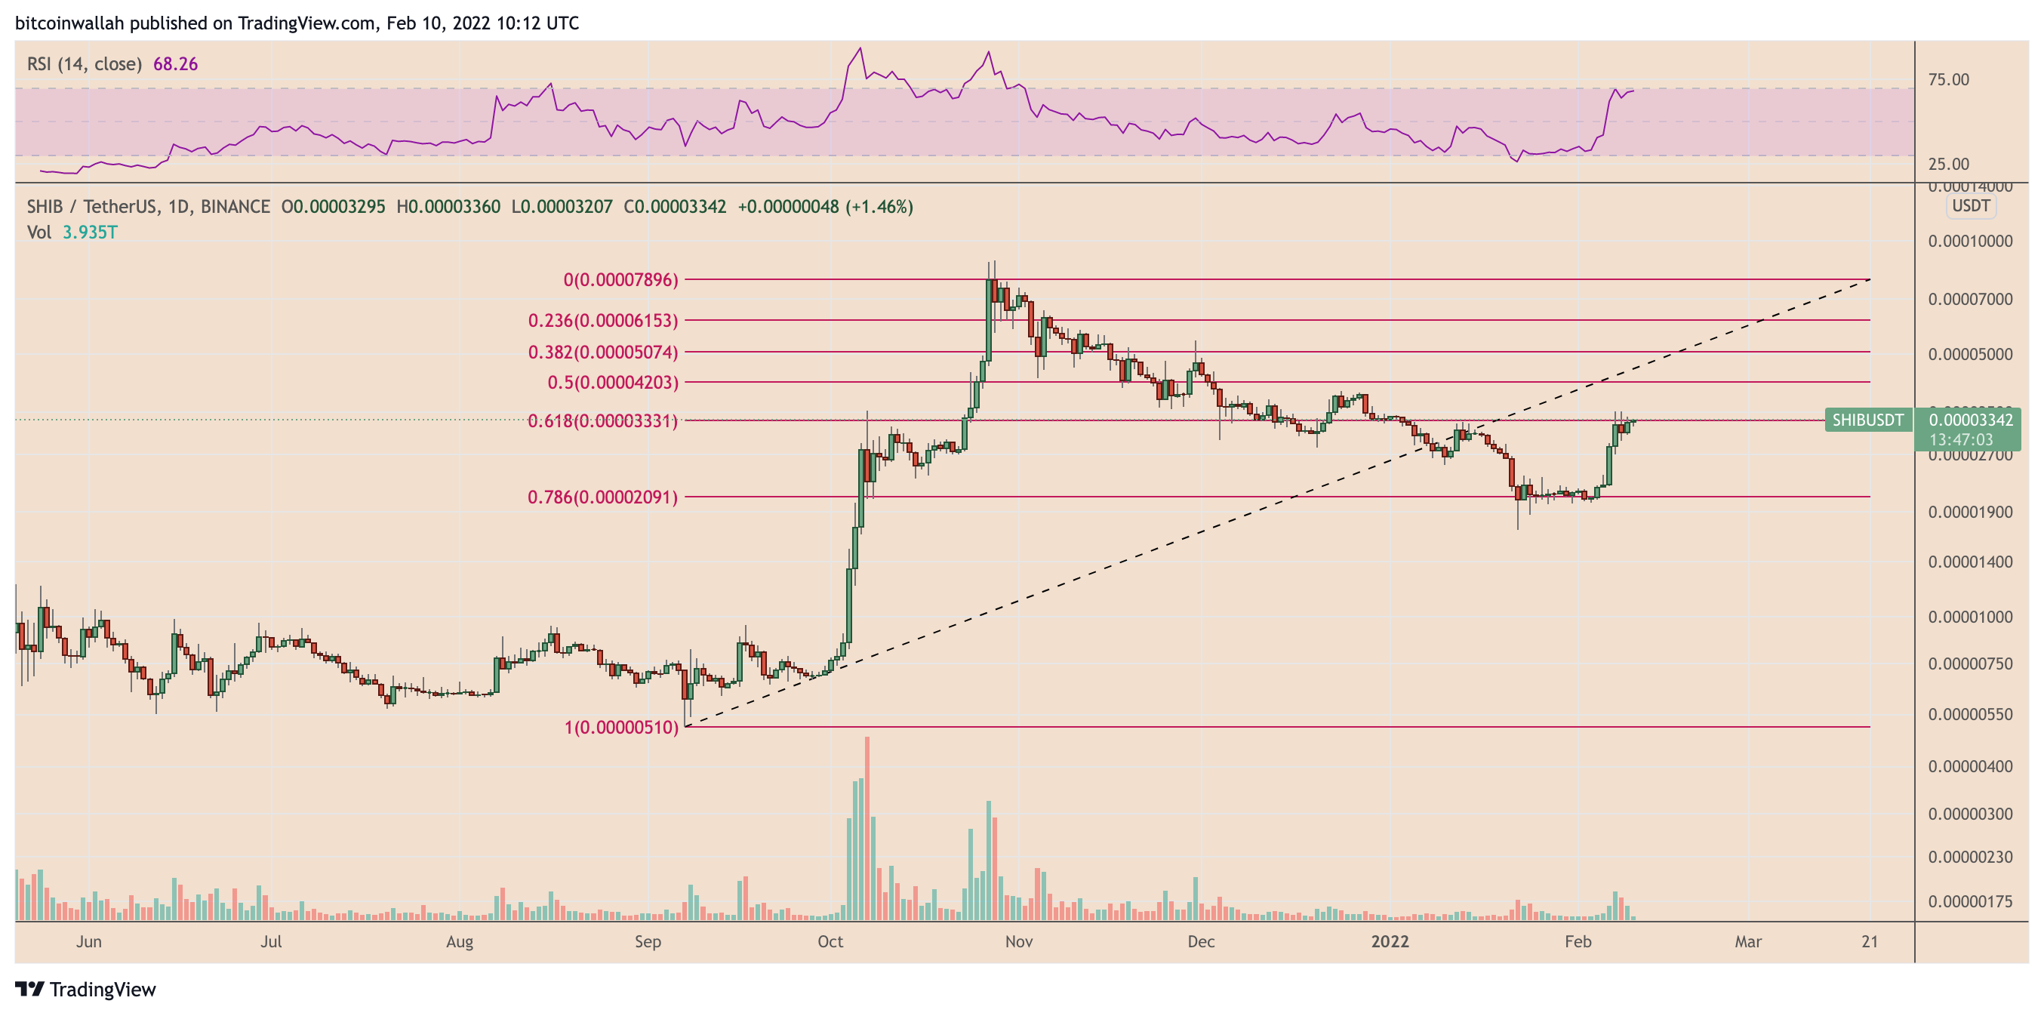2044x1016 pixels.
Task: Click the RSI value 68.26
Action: [175, 64]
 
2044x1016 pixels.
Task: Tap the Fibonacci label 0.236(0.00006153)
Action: [603, 321]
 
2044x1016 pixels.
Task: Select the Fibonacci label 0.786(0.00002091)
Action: [603, 497]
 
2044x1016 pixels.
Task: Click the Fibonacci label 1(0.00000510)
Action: [621, 728]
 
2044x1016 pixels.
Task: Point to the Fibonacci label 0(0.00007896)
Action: [620, 280]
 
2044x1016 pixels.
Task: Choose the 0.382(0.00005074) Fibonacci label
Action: [603, 353]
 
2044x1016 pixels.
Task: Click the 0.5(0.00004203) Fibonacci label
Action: [613, 383]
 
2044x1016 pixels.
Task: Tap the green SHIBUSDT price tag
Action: [1867, 420]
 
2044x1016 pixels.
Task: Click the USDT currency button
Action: [1970, 206]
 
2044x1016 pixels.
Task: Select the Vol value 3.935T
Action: [90, 232]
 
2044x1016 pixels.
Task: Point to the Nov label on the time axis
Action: [1019, 942]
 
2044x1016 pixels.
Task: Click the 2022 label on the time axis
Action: [1390, 942]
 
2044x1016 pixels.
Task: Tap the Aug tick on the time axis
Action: [460, 942]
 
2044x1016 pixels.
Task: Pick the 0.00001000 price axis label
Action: [1970, 617]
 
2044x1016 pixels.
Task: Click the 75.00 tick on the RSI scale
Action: [1948, 80]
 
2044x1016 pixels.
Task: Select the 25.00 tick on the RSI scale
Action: [1948, 165]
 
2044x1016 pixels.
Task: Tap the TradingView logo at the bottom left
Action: [86, 990]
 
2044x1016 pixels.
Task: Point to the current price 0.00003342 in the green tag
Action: [1970, 420]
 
